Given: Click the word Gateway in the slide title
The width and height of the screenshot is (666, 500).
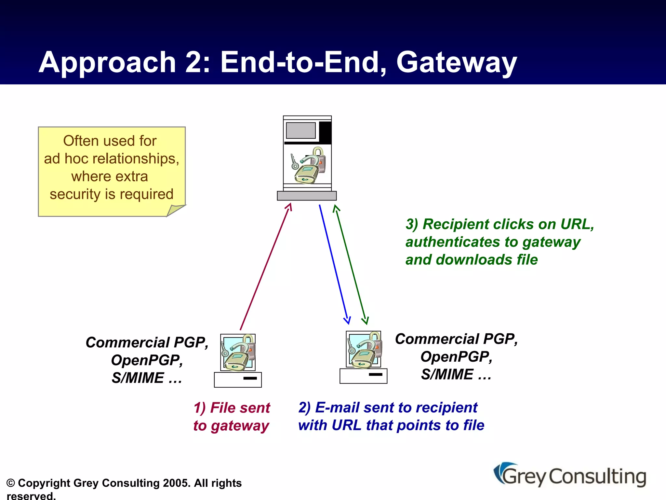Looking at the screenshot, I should tap(456, 62).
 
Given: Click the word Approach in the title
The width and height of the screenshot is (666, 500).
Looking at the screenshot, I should tap(107, 62).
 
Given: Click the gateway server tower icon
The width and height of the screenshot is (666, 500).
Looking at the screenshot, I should tap(307, 153).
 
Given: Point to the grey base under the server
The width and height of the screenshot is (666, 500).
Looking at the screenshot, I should tap(307, 196).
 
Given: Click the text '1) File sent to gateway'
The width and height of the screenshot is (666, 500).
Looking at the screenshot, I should tap(232, 417).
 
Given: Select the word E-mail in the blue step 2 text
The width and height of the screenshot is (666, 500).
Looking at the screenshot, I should tap(337, 408).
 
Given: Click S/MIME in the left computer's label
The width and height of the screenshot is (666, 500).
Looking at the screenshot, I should tap(138, 378).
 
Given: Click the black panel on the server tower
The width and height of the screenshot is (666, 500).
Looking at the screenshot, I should tap(325, 132).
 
